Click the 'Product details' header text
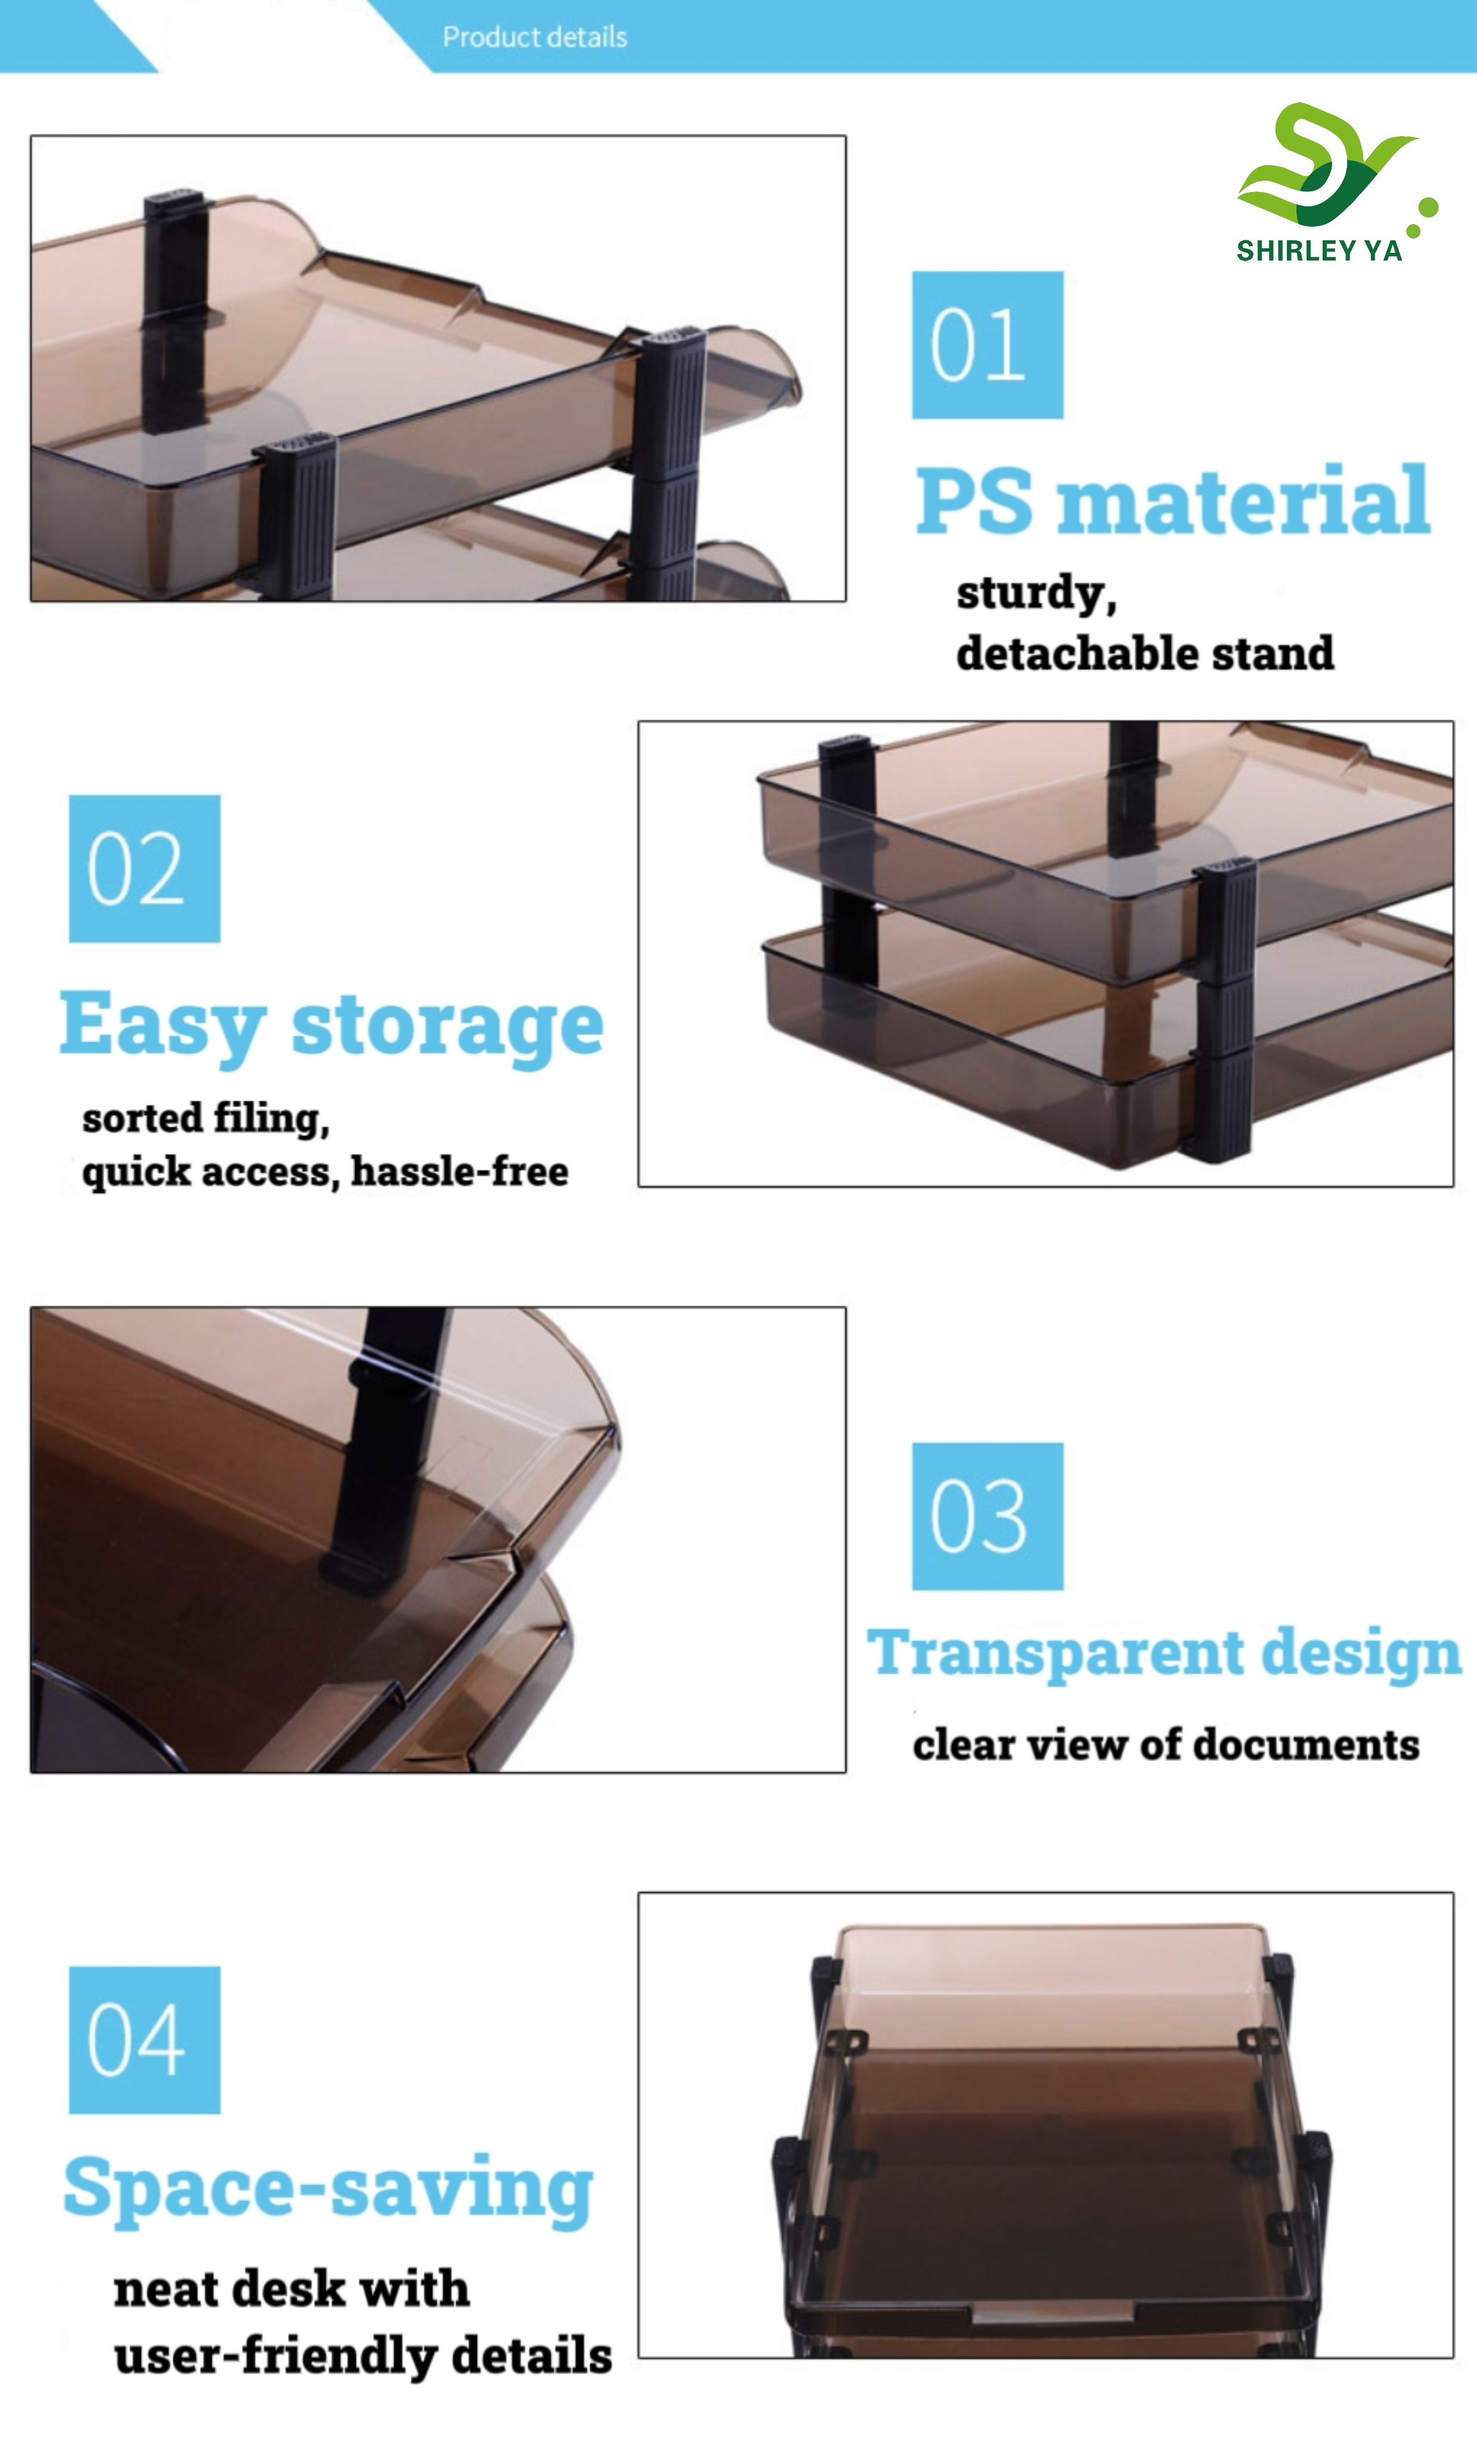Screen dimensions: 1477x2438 534,36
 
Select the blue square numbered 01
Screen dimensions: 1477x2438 987,345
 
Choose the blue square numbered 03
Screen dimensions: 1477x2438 987,1516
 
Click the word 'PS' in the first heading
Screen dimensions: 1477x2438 975,501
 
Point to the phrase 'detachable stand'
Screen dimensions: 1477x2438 1144,653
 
